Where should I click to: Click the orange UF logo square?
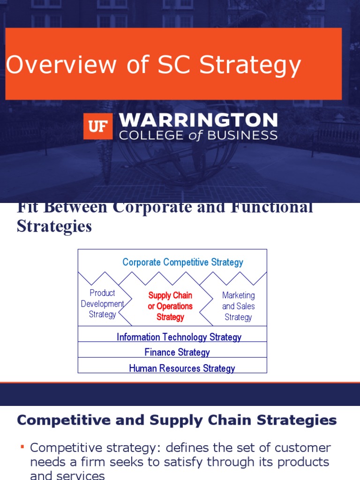[x=98, y=126]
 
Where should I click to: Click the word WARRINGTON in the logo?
[x=198, y=121]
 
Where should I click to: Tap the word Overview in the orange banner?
[x=60, y=65]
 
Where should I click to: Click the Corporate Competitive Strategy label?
[x=182, y=262]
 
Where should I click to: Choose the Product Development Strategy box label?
[x=102, y=303]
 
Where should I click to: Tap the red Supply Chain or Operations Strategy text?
[x=170, y=306]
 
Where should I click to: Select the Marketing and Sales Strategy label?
[x=238, y=306]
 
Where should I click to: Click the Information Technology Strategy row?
[x=179, y=337]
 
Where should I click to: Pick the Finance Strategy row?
[x=177, y=352]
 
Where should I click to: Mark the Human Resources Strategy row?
[x=182, y=368]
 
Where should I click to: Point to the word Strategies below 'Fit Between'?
[x=54, y=226]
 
